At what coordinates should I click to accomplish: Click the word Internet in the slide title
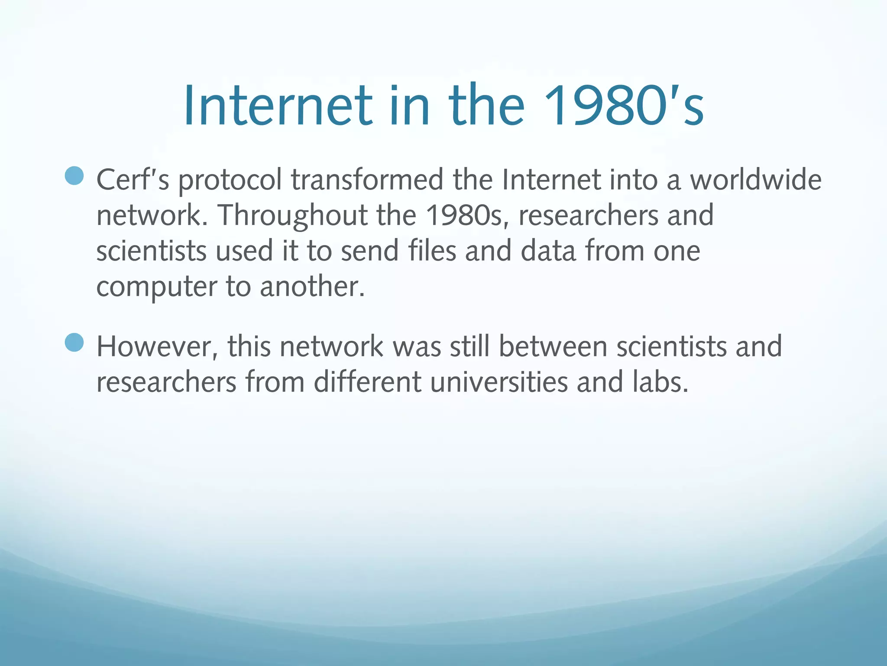[278, 106]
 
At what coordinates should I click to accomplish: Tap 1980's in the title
[624, 106]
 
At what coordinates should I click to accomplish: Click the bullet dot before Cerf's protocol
[74, 176]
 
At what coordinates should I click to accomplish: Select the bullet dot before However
[74, 342]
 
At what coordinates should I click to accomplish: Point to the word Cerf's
[133, 180]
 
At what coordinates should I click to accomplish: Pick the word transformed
[367, 180]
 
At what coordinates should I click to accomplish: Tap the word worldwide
[755, 180]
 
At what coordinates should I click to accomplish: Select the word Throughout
[292, 215]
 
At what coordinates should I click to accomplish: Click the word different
[367, 382]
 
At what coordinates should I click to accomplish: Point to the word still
[469, 346]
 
